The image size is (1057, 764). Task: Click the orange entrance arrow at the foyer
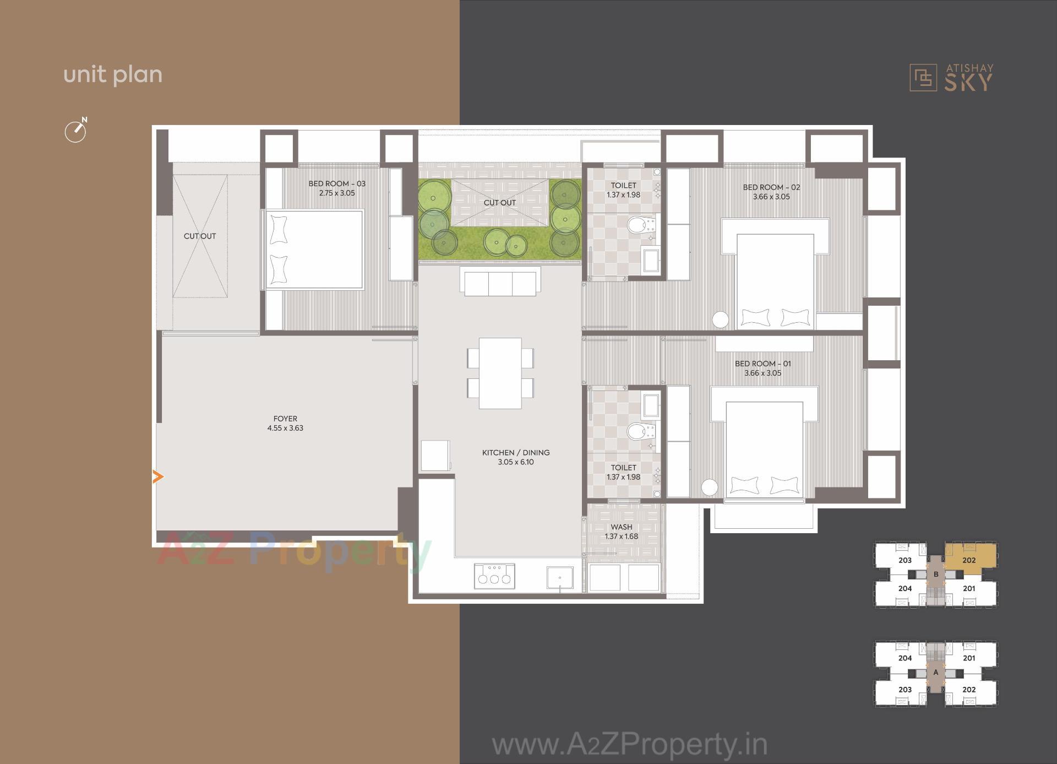coord(158,476)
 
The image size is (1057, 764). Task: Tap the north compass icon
coord(76,131)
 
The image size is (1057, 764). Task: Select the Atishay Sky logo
coord(951,78)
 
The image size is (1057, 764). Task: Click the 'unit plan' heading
coord(113,75)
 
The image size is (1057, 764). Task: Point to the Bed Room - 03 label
coord(337,188)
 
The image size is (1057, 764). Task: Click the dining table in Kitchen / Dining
coord(500,373)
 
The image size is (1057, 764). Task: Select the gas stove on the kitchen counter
coord(494,576)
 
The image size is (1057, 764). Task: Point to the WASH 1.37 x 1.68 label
coord(622,532)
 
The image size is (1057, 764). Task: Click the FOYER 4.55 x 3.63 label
coord(285,423)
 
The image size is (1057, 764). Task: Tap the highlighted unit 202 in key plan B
coord(969,560)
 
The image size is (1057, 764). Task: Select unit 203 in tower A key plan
coord(905,689)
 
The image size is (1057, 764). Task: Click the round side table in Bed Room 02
coord(720,319)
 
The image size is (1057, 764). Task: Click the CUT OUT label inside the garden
coord(500,203)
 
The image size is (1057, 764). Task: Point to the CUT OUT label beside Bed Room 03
coord(200,236)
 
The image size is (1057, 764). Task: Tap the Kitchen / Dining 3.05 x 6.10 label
coord(516,457)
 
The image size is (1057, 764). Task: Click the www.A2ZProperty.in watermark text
coord(629,745)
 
